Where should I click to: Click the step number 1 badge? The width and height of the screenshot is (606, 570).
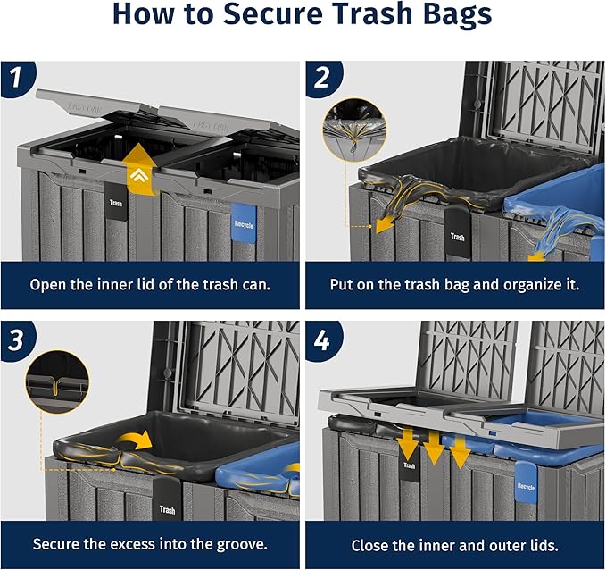click(15, 80)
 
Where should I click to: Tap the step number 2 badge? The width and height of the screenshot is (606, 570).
click(322, 80)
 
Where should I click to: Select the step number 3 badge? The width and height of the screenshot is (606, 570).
click(15, 340)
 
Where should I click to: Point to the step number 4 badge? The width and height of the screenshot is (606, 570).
click(322, 340)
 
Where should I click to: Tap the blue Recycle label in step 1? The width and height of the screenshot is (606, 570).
click(243, 224)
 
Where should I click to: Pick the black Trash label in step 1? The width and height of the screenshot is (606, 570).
click(116, 202)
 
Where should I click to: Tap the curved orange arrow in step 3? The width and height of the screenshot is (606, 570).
click(137, 440)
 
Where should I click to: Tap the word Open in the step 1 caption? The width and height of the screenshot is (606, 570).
click(50, 285)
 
